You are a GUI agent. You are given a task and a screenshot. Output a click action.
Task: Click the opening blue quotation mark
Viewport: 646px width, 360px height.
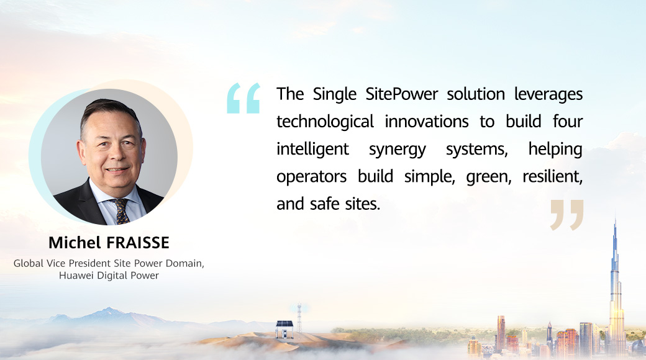tap(243, 98)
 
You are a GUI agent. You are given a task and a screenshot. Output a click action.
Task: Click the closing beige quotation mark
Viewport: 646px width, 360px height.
tap(567, 215)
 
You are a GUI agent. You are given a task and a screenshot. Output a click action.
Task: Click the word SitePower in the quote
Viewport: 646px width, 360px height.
tap(402, 94)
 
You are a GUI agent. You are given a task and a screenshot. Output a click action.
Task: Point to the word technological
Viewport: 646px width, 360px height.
tap(325, 122)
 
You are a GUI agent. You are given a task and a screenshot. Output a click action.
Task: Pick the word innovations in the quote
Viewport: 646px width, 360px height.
tap(426, 122)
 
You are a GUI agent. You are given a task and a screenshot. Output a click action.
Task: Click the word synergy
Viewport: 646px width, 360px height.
tap(397, 150)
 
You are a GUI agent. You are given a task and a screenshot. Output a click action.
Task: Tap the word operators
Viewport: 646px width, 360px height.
tap(311, 177)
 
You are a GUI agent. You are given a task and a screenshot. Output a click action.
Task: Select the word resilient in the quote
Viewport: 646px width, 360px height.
tap(552, 176)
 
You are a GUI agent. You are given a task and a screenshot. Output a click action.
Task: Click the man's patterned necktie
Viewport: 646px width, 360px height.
tap(122, 211)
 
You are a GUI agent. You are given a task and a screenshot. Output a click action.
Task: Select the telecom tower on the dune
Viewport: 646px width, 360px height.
tap(299, 318)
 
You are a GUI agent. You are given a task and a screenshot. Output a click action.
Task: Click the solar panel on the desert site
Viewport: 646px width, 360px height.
tap(284, 325)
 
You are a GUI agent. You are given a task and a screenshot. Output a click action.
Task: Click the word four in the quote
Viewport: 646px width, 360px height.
tap(568, 122)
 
